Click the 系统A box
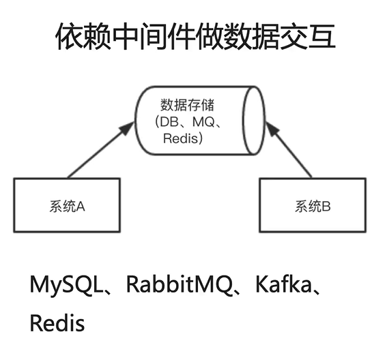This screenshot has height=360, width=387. [67, 205]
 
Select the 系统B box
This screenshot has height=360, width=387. [313, 205]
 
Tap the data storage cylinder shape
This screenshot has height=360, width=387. [198, 121]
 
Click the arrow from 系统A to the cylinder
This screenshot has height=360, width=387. [102, 149]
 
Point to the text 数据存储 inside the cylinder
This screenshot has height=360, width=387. [186, 105]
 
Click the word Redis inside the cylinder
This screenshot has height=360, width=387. [183, 138]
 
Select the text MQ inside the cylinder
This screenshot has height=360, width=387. [205, 122]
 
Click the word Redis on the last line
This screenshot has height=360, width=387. [57, 322]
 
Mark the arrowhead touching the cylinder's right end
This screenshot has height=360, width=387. [268, 126]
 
